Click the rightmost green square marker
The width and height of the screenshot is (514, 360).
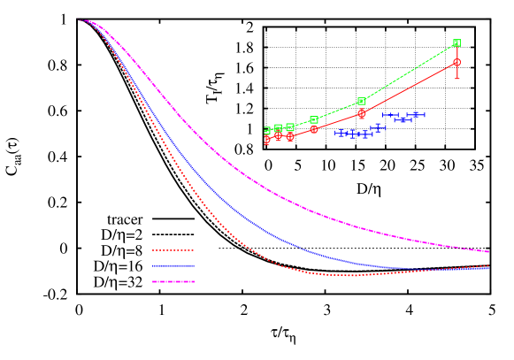[456, 42]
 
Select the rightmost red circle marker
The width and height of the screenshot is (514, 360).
[456, 62]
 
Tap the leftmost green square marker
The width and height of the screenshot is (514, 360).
[267, 130]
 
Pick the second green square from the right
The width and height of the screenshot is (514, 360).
[362, 102]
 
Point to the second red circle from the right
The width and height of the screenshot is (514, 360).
[362, 113]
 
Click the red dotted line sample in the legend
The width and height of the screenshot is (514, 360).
[173, 250]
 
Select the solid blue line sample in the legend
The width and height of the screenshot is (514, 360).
[173, 265]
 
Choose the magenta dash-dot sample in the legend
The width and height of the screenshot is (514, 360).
[173, 281]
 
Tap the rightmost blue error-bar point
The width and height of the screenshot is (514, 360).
[417, 114]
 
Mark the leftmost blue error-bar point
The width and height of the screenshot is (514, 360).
[341, 133]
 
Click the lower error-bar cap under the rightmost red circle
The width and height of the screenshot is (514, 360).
[456, 78]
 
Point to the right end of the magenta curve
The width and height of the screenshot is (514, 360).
[488, 252]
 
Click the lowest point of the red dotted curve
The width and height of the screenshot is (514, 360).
[351, 275]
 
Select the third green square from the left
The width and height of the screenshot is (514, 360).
[290, 127]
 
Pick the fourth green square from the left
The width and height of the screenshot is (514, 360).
[314, 119]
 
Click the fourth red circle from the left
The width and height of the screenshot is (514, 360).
[314, 129]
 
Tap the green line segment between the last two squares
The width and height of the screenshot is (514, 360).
[409, 73]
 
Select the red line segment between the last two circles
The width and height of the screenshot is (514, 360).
[409, 88]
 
